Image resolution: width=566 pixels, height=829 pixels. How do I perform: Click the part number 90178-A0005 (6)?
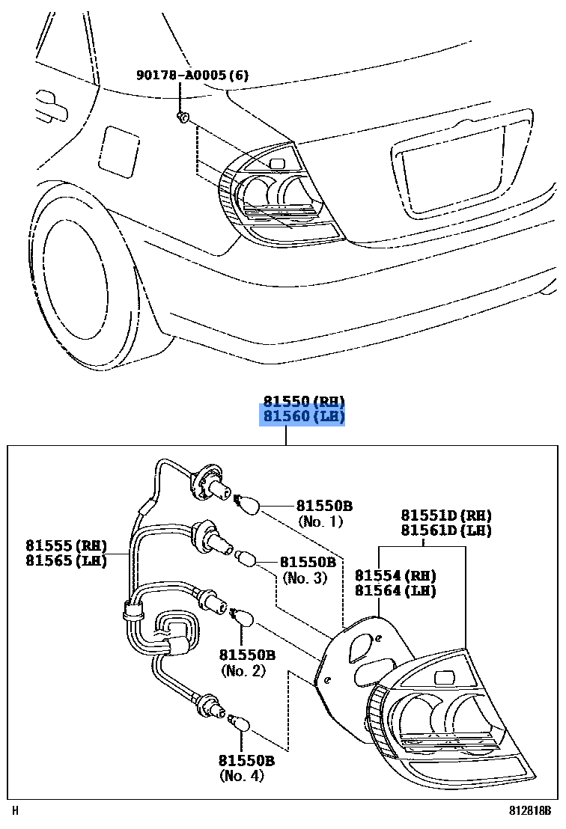pyautogui.click(x=192, y=76)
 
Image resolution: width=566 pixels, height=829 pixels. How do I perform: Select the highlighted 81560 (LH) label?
pyautogui.click(x=302, y=416)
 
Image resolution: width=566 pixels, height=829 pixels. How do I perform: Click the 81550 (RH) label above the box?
pyautogui.click(x=302, y=400)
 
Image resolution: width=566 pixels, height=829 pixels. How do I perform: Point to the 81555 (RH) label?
pyautogui.click(x=66, y=545)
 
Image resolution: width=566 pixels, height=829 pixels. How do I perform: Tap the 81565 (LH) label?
pyautogui.click(x=66, y=560)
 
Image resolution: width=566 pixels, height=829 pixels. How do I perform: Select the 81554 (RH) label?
pyautogui.click(x=395, y=575)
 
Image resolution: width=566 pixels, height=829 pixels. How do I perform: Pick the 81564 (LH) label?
pyautogui.click(x=395, y=590)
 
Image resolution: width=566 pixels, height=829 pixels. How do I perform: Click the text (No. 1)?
pyautogui.click(x=320, y=521)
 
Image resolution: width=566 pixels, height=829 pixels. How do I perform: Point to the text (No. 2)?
pyautogui.click(x=243, y=671)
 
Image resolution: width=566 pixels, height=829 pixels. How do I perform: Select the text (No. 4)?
pyautogui.click(x=242, y=776)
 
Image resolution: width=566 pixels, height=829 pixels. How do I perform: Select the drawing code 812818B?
pyautogui.click(x=530, y=810)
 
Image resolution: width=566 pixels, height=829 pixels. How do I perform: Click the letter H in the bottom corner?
pyautogui.click(x=15, y=810)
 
